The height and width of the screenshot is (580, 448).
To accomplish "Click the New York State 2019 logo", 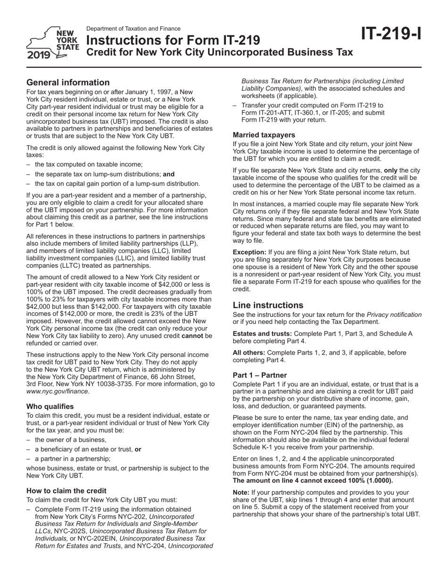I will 53,43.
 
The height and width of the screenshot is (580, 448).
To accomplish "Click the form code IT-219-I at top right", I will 391,34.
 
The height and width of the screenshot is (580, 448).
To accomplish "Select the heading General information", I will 68,83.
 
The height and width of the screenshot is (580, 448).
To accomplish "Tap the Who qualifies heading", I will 50,406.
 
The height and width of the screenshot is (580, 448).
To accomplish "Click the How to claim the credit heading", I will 66,490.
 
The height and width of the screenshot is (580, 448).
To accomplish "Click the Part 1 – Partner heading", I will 260,375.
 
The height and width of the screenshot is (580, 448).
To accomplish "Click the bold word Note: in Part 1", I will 241,492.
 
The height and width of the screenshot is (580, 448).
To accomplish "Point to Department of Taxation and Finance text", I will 133,29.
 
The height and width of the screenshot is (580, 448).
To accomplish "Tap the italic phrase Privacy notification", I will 394,315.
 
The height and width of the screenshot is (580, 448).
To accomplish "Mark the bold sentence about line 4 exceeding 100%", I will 313,481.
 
